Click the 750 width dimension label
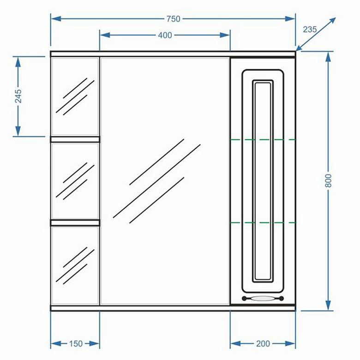point(174,19)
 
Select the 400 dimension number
point(165,35)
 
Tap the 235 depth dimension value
point(310,30)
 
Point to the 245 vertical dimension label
point(18,96)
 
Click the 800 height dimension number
point(329,180)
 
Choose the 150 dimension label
point(76,343)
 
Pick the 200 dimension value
point(263,343)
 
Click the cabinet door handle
point(263,298)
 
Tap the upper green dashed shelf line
point(263,139)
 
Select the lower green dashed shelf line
point(263,222)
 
